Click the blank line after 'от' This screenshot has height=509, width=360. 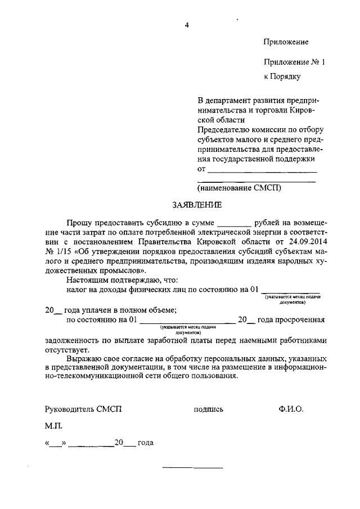(262, 170)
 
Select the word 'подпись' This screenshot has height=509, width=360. (208, 410)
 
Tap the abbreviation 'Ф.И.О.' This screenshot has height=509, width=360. (290, 409)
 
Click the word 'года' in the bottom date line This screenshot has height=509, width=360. (146, 443)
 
